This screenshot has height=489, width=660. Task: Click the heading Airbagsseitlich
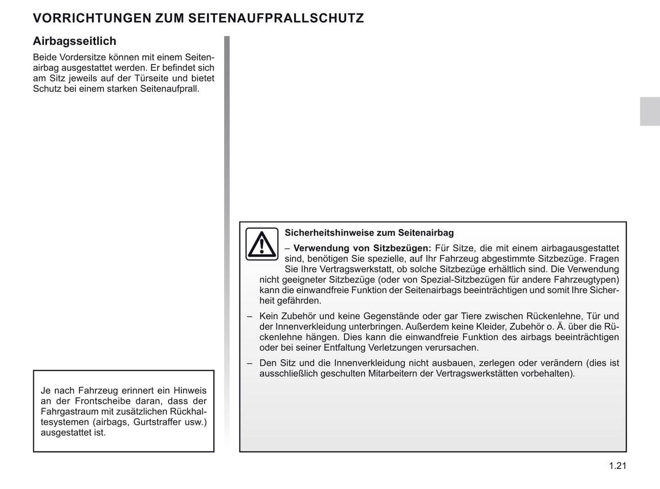click(x=74, y=41)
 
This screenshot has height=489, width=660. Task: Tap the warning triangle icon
click(x=262, y=244)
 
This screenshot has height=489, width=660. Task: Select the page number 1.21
click(x=618, y=466)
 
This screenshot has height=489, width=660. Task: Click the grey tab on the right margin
click(x=649, y=112)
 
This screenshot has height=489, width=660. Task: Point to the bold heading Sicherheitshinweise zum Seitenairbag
click(x=369, y=233)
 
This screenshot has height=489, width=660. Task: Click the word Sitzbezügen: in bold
click(x=402, y=248)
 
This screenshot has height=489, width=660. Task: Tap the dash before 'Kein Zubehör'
click(x=250, y=316)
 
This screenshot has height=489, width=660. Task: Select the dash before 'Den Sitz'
click(x=250, y=363)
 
